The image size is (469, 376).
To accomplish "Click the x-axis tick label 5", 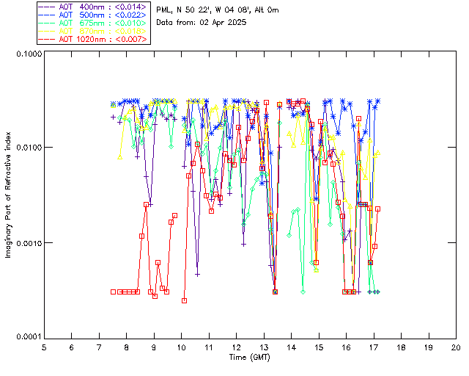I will pyautogui.click(x=44, y=347).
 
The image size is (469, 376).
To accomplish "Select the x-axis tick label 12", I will pyautogui.click(x=236, y=347).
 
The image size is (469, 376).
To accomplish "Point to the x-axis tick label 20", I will pyautogui.click(x=456, y=347).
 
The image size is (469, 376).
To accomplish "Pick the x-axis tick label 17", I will pyautogui.click(x=374, y=347).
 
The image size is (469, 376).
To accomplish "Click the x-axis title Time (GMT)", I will pyautogui.click(x=250, y=357).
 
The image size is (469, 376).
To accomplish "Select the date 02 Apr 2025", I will pyautogui.click(x=224, y=23).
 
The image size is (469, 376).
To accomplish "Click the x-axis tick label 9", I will pyautogui.click(x=154, y=347).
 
